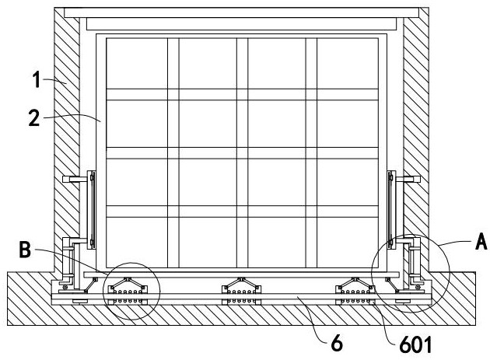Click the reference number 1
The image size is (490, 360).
tap(37, 79)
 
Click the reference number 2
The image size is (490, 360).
tap(34, 118)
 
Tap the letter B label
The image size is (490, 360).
tap(25, 250)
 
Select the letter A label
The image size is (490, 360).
tap(481, 241)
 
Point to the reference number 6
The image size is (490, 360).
tap(337, 343)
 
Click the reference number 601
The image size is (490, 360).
tap(415, 344)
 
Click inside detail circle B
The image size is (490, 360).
tap(131, 291)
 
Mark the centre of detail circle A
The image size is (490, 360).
tap(411, 274)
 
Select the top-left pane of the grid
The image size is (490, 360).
tap(137, 64)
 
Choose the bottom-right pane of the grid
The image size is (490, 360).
tap(348, 242)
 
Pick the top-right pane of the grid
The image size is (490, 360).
tap(348, 64)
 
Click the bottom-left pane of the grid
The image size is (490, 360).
tap(137, 242)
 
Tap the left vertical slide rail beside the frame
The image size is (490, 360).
tap(91, 210)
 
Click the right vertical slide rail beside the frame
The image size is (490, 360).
tap(391, 210)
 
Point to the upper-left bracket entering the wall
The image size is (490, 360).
tap(75, 179)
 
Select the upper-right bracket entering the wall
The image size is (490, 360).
tap(408, 179)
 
